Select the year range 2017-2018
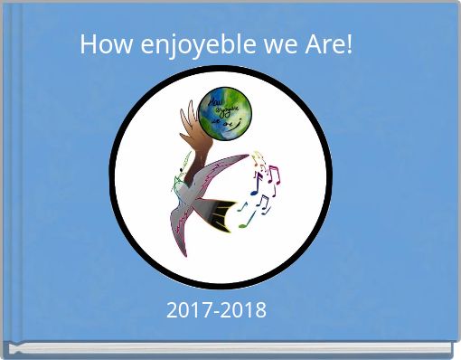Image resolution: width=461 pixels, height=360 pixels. point(217,310)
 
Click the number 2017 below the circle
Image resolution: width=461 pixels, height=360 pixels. point(188,310)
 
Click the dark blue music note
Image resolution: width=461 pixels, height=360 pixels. point(255,189)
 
